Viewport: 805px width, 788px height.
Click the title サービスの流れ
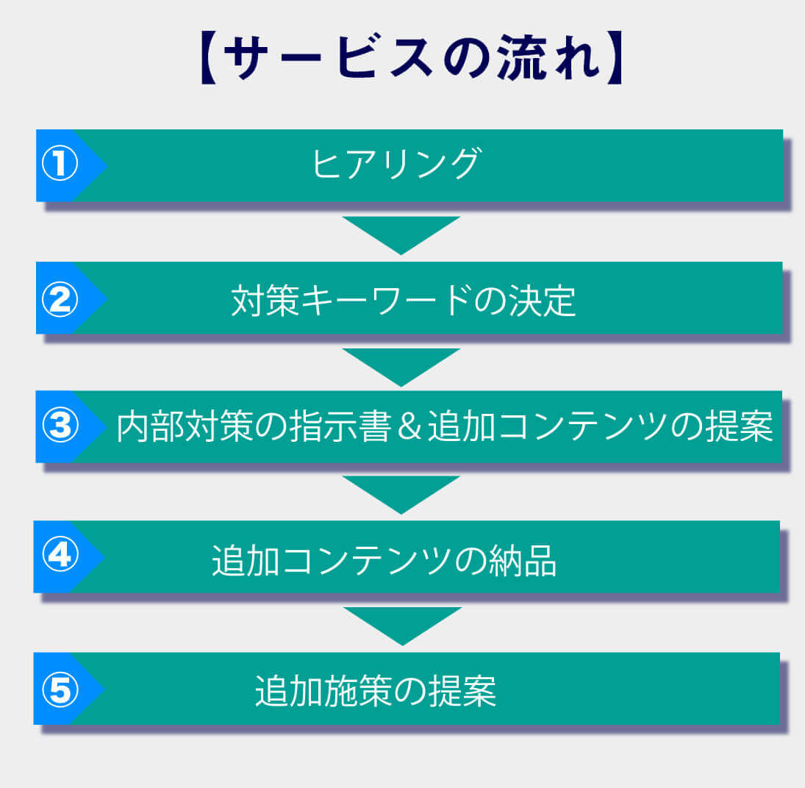click(411, 57)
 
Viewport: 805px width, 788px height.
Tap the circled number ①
click(60, 164)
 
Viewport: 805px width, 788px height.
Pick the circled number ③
click(60, 426)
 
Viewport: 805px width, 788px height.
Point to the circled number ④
click(60, 554)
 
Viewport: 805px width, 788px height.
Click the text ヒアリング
click(397, 164)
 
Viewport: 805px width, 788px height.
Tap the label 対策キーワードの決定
click(404, 301)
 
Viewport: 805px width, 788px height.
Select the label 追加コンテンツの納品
click(384, 560)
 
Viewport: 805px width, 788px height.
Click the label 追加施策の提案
click(376, 690)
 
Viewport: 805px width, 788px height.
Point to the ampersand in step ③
click(409, 427)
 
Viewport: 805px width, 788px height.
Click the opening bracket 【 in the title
click(210, 58)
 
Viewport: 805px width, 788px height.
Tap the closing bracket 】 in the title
click(613, 58)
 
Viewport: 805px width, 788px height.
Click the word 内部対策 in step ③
click(185, 426)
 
